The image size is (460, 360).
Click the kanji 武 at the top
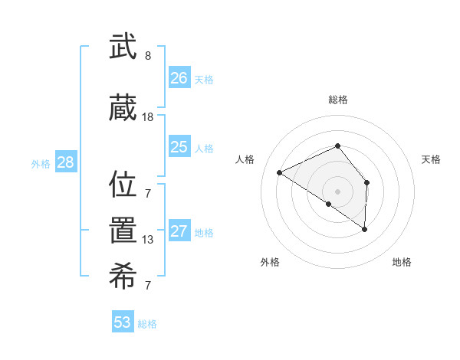[123, 49]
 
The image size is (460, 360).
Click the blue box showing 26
[179, 78]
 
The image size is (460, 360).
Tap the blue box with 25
[179, 147]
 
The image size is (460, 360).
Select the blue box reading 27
[179, 232]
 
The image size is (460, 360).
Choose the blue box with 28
[65, 162]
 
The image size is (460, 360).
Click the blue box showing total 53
[123, 322]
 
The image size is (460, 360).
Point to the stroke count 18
[148, 117]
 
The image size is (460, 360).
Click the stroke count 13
[148, 240]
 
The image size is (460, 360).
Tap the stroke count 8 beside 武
[148, 56]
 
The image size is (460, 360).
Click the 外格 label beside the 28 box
[41, 163]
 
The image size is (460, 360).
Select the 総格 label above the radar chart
[338, 100]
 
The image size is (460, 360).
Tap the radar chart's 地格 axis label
[402, 262]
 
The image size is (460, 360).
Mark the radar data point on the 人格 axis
[280, 172]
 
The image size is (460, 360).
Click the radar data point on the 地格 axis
[365, 229]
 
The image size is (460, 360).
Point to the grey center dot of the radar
[338, 191]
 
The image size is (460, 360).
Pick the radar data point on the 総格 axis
[338, 146]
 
